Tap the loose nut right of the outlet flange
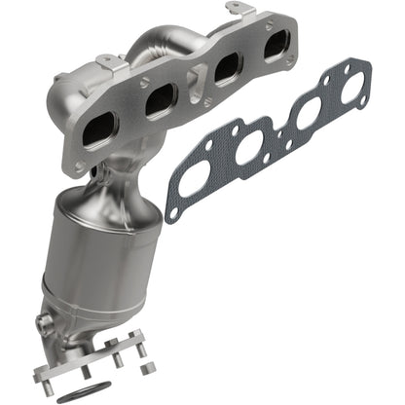coord(149,368)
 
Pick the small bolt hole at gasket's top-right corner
coord(363,65)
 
